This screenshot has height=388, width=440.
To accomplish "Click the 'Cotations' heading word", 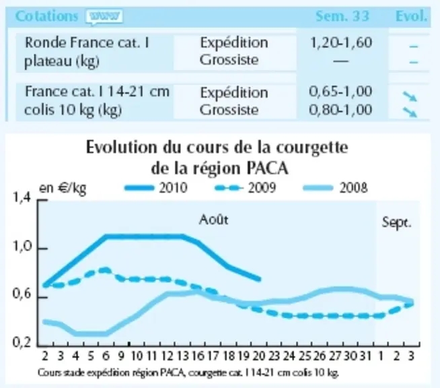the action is tap(46, 16).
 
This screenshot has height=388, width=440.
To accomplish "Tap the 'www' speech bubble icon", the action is tap(104, 17).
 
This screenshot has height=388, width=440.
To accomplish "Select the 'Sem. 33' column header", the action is tap(342, 16).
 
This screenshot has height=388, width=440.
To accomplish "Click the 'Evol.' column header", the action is tap(411, 16).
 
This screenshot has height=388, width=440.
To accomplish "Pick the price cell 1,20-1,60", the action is tap(341, 42).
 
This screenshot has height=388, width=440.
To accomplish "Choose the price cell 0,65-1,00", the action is tap(340, 92).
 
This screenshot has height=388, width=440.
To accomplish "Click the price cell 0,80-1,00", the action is tap(340, 110).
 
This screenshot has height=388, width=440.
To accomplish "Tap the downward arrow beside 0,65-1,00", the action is tap(410, 96).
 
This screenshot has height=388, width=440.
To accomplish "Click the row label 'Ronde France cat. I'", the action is tap(87, 42).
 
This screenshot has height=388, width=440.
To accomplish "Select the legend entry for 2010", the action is tap(156, 188).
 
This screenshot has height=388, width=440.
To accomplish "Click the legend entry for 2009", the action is tap(246, 188).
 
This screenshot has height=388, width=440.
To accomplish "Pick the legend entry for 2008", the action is tap(336, 188).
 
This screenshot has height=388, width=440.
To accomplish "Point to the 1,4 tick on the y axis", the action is tap(22, 198).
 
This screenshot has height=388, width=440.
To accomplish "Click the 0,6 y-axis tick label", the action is tap(22, 294).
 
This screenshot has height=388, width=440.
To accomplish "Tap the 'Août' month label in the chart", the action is tap(213, 220).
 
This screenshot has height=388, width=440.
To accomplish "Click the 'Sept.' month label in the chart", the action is tap(396, 222).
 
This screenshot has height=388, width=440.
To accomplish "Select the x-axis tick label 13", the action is tap(182, 356).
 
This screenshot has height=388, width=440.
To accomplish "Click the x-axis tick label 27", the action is tap(335, 356).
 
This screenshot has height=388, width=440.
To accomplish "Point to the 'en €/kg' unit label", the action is tap(63, 189).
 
